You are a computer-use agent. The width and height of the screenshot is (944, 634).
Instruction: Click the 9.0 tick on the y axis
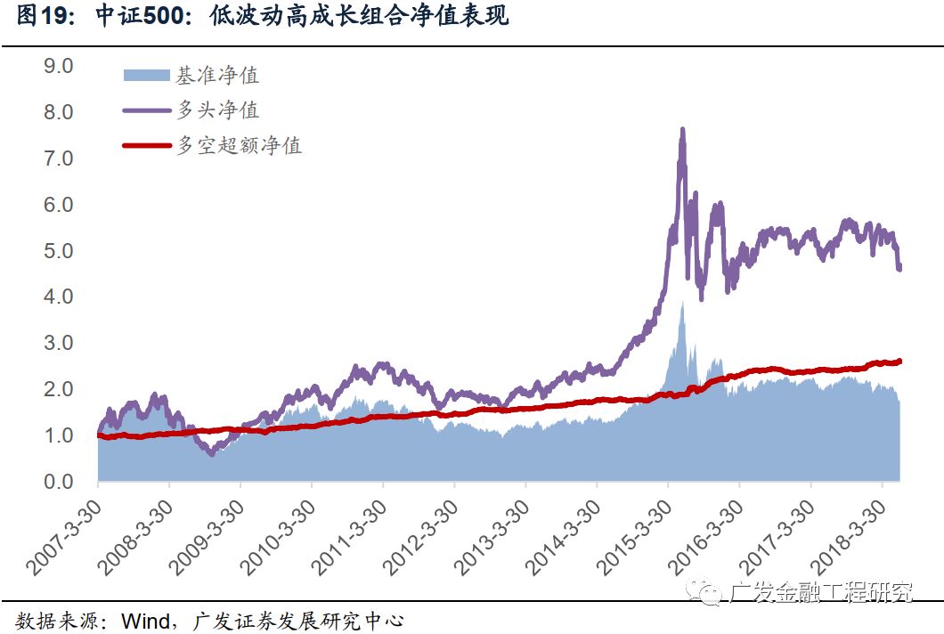pos(63,66)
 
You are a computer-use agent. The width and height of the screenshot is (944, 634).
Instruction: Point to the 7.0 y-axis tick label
pos(63,158)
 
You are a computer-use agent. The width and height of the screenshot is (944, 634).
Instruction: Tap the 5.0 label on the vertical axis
pos(63,251)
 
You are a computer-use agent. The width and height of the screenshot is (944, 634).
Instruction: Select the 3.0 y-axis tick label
pos(63,344)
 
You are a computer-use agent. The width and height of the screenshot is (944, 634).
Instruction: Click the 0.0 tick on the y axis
pos(63,482)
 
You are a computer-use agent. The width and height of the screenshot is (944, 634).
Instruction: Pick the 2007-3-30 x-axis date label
pos(65,533)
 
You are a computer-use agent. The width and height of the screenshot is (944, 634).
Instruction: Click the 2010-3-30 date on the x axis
pos(279,533)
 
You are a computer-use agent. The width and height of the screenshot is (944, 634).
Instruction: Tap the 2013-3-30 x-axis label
pos(492,533)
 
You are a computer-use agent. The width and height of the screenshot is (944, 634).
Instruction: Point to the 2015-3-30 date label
pos(635,533)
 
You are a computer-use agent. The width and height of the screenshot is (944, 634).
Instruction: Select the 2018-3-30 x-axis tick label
pos(849,533)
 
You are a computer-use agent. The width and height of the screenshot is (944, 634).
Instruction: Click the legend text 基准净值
pos(217,76)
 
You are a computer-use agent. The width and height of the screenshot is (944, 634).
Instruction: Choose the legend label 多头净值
pos(217,110)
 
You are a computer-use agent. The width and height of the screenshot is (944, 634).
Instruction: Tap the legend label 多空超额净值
pos(239,145)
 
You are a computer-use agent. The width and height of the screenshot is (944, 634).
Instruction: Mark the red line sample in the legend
pos(144,145)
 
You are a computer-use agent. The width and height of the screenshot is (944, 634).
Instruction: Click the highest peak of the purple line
pos(682,129)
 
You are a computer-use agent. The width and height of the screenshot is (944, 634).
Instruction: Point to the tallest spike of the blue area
pos(682,304)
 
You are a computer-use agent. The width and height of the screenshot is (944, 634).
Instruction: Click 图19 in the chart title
pos(45,17)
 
